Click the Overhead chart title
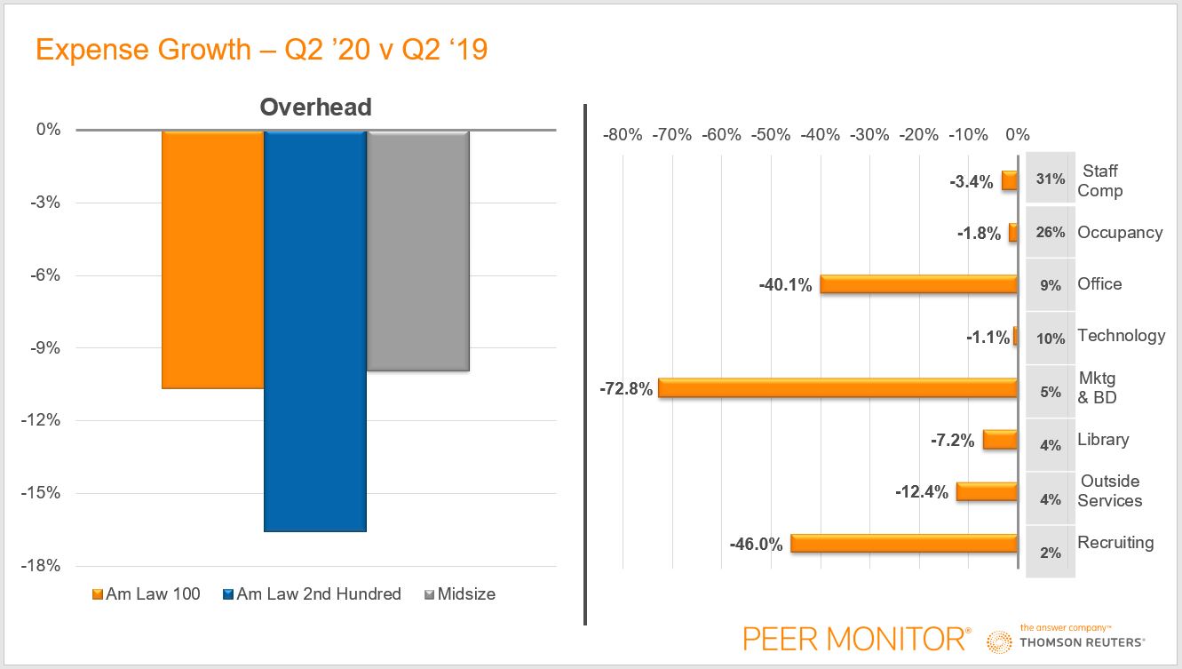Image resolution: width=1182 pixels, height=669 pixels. tap(315, 108)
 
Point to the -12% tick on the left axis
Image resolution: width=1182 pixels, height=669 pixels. tap(42, 420)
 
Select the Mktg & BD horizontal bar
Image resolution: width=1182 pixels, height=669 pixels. tap(837, 388)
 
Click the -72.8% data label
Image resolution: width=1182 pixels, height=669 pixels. tap(625, 389)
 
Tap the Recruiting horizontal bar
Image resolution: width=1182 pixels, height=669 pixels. tap(904, 544)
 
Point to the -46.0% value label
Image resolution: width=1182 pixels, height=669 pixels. tap(757, 545)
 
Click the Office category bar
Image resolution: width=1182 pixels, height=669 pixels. tap(918, 284)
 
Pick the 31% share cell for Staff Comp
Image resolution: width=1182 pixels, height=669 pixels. tap(1050, 179)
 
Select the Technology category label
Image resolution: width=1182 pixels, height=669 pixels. tap(1121, 336)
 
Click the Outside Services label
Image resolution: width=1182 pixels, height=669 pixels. tap(1109, 491)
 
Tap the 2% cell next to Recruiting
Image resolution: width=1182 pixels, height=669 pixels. tap(1050, 552)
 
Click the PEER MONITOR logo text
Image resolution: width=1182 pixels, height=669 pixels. tap(853, 638)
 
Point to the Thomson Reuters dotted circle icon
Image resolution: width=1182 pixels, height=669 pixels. tap(1000, 641)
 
